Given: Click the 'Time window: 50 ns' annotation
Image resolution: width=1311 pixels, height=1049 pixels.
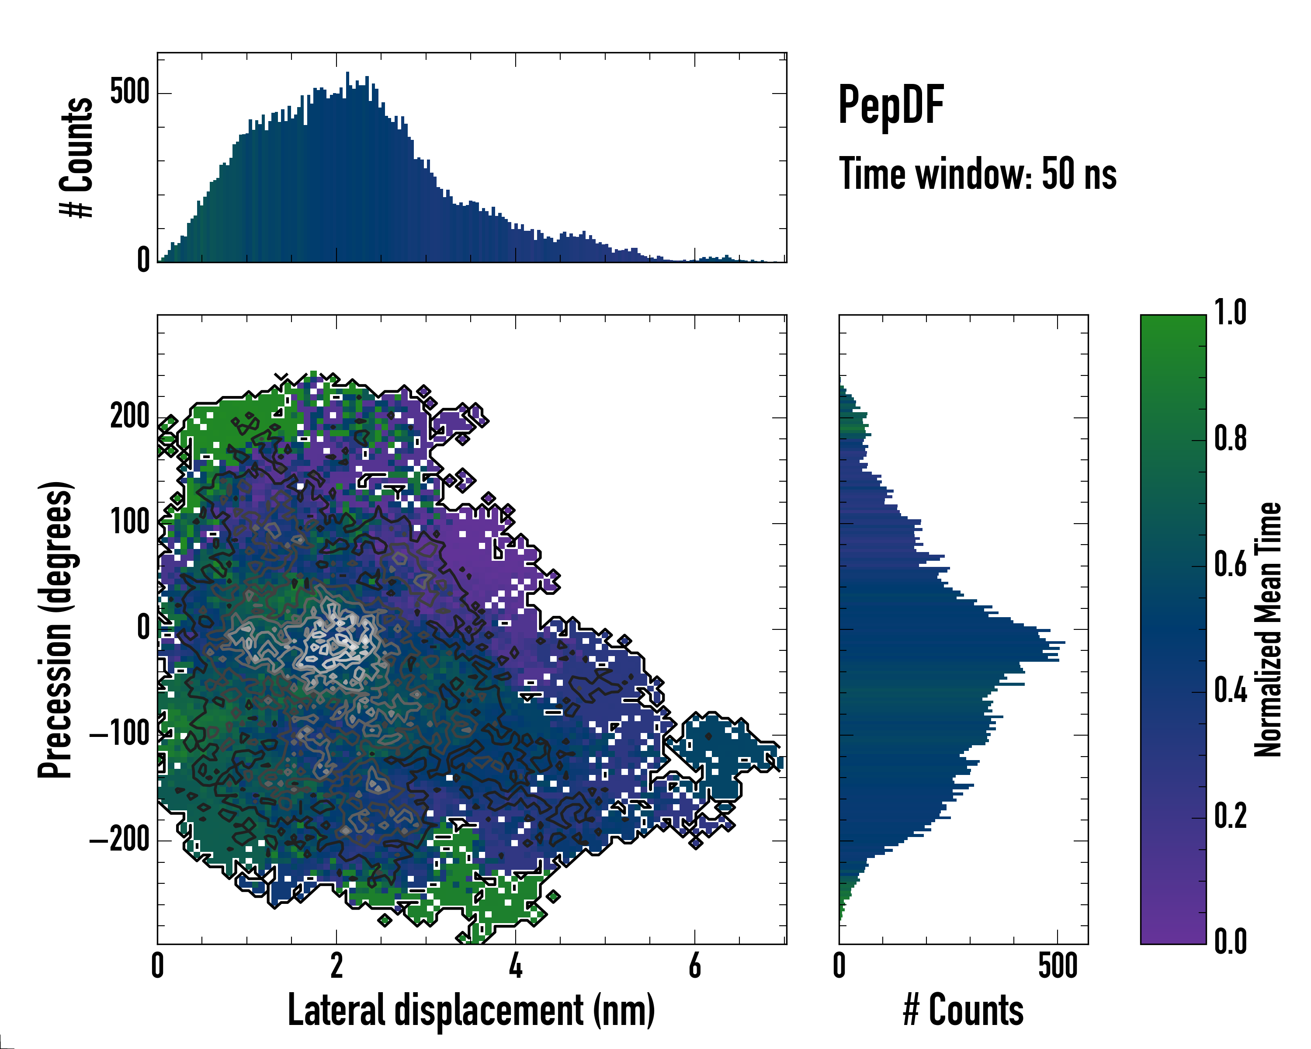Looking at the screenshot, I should click(x=977, y=174).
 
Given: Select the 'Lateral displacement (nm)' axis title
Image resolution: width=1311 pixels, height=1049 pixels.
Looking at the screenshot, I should click(x=471, y=1010).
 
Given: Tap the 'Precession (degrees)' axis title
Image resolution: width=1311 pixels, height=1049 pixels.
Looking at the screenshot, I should click(x=56, y=629).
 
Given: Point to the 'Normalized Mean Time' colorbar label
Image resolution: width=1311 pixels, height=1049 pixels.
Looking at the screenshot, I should click(x=1267, y=629).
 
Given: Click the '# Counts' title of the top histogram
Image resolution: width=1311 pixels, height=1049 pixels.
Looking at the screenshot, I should click(x=77, y=157).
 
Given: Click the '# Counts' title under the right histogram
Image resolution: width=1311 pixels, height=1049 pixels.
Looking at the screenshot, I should click(x=963, y=1010).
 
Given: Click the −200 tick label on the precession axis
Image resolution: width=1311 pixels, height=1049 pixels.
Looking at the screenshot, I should click(x=120, y=841).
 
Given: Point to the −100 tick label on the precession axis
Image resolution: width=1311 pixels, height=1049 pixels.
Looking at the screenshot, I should click(x=120, y=735).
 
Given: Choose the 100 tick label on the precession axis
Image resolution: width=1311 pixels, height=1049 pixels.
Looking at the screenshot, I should click(x=129, y=522).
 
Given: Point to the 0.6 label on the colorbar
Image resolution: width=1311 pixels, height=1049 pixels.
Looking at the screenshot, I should click(x=1230, y=564).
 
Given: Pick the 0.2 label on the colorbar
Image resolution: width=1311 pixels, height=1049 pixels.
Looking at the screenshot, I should click(x=1230, y=816).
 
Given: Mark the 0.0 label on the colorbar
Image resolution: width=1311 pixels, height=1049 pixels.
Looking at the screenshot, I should click(x=1230, y=941).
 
